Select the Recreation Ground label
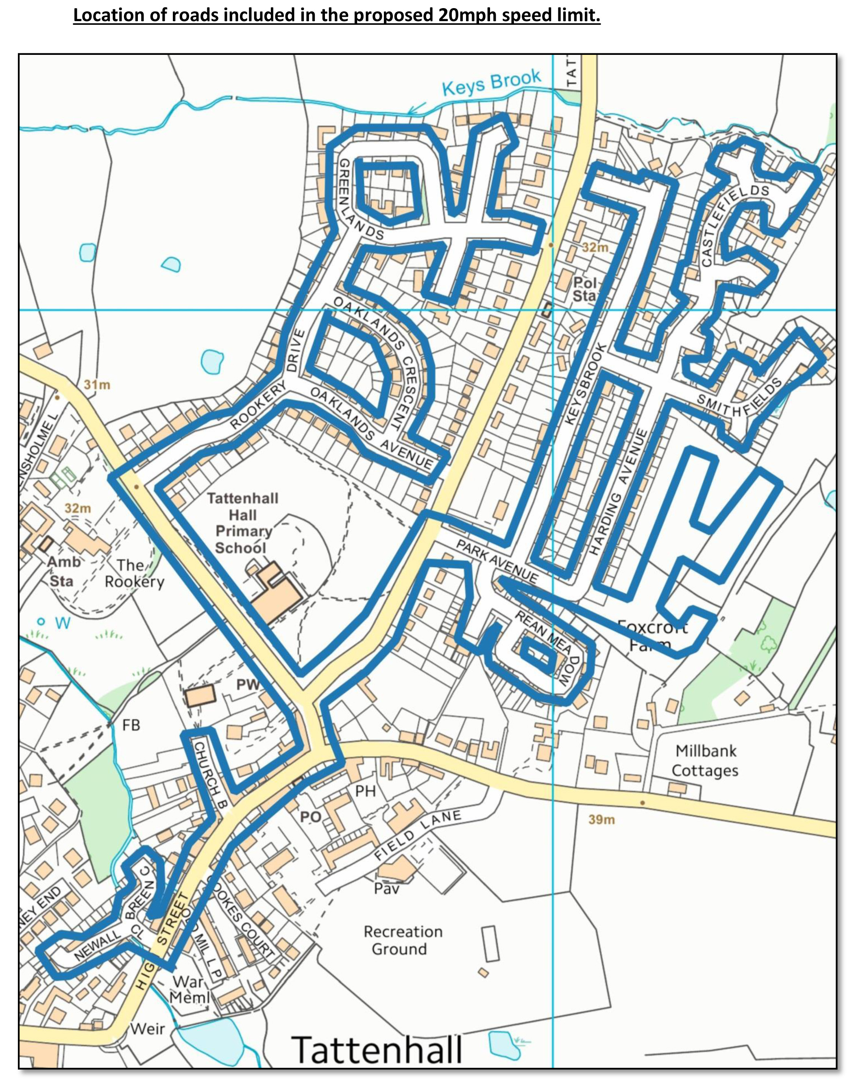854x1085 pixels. (x=403, y=940)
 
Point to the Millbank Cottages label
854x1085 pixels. (x=705, y=760)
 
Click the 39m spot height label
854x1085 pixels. (x=601, y=820)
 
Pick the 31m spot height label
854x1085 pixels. (x=96, y=385)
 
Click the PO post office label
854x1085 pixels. (x=310, y=817)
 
